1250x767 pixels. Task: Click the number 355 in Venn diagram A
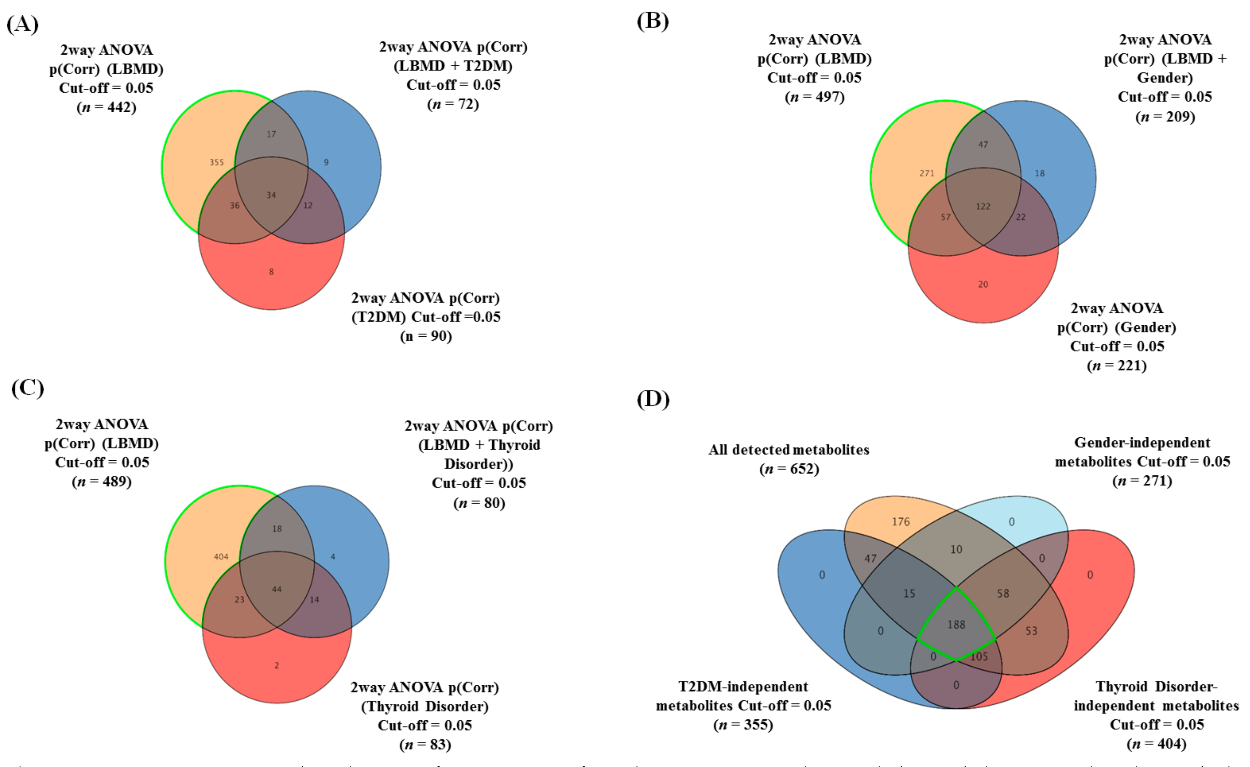pos(216,162)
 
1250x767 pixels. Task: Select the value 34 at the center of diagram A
pos(271,195)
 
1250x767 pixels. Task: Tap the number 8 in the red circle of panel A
pos(271,272)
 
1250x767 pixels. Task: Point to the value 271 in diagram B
pos(927,173)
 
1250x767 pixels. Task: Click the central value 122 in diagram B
pos(983,206)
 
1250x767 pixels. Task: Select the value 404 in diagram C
pos(221,557)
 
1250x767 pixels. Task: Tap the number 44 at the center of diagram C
pos(276,589)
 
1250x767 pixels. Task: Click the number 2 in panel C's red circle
pos(276,665)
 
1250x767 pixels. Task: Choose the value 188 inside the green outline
pos(956,624)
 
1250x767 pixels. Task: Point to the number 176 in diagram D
pos(901,522)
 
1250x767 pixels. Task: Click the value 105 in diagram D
pos(979,656)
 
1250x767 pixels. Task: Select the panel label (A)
pos(23,24)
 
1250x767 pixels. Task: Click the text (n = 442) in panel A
pos(107,107)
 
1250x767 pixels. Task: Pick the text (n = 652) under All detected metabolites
pos(789,469)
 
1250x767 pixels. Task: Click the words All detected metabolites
pos(789,450)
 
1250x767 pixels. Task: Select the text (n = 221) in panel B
pos(1117,365)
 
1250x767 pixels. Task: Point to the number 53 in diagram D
pos(1031,631)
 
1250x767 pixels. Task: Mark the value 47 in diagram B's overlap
pos(983,145)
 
